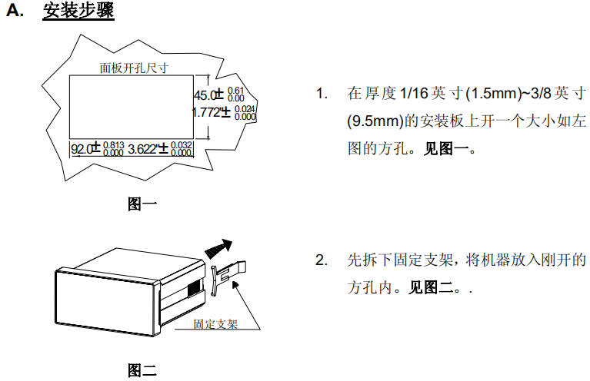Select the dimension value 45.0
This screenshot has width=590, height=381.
point(204,96)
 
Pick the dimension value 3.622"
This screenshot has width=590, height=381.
point(143,148)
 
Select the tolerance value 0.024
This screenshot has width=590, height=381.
point(245,108)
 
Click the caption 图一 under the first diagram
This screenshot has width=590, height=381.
point(142,204)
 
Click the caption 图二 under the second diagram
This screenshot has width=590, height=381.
point(142,371)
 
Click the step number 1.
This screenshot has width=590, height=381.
point(322,94)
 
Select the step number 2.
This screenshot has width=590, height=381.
point(322,260)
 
